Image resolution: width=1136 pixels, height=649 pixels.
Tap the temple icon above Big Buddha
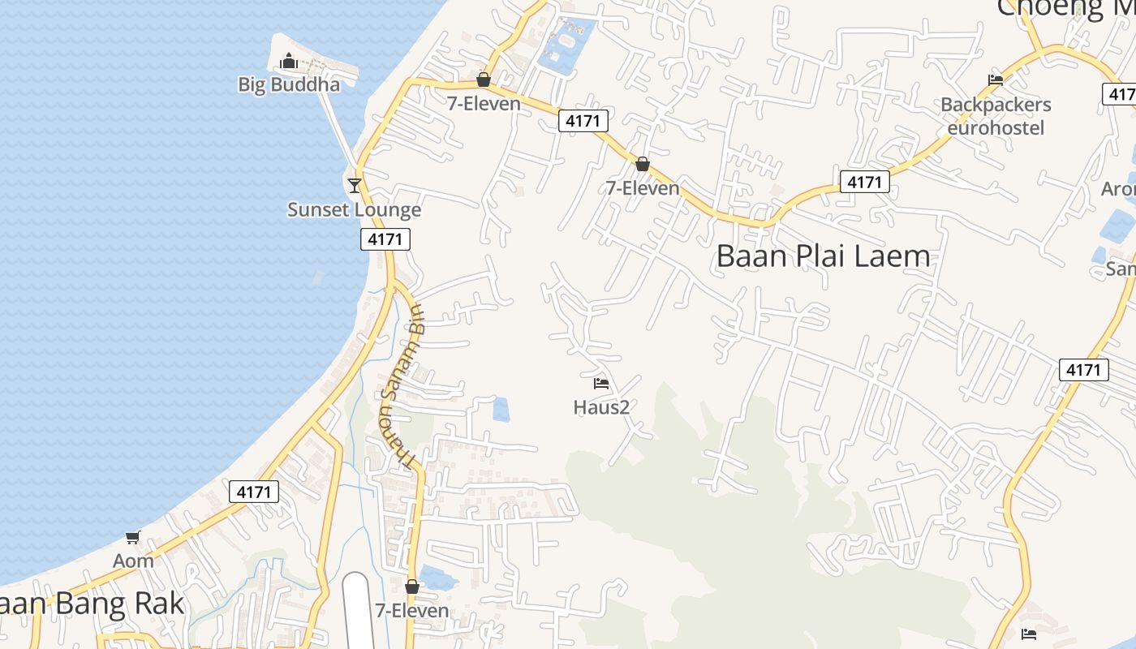(288, 62)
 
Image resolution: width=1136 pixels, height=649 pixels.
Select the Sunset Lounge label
(355, 210)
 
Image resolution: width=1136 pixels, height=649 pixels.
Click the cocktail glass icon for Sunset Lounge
(355, 186)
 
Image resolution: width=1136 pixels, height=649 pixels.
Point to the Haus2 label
(601, 407)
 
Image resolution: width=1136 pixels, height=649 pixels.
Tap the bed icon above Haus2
(601, 383)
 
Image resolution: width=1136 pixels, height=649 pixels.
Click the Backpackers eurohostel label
(996, 116)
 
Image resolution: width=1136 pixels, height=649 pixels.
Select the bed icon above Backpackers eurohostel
(996, 80)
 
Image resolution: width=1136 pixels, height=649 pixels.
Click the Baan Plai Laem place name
(823, 256)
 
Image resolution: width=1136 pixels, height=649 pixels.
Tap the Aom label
(133, 561)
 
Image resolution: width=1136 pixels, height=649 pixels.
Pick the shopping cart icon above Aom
(133, 537)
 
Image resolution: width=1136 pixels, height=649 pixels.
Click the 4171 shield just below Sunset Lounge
(385, 239)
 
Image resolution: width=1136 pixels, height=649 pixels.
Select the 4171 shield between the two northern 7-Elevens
(583, 121)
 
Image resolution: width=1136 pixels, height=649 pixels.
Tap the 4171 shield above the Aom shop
(254, 491)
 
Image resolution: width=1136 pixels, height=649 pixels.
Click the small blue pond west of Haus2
(501, 410)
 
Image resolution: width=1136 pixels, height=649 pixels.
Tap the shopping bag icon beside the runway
(412, 587)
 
